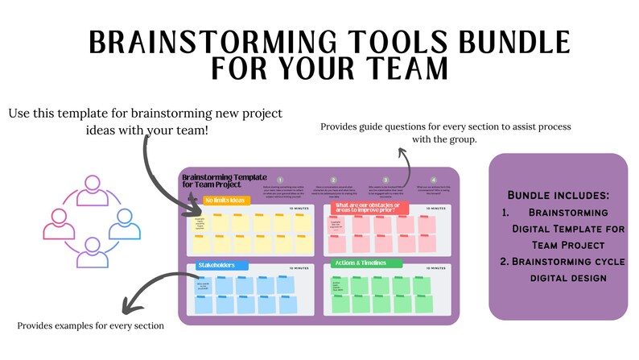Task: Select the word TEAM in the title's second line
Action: [401, 70]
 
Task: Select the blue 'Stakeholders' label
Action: [220, 265]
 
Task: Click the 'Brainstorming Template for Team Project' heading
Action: [218, 181]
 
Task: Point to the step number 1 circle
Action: [281, 180]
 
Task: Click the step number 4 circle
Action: [434, 180]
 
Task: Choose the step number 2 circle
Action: [332, 180]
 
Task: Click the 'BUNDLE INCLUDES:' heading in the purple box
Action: [557, 196]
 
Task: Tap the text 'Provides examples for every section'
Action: [90, 325]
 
